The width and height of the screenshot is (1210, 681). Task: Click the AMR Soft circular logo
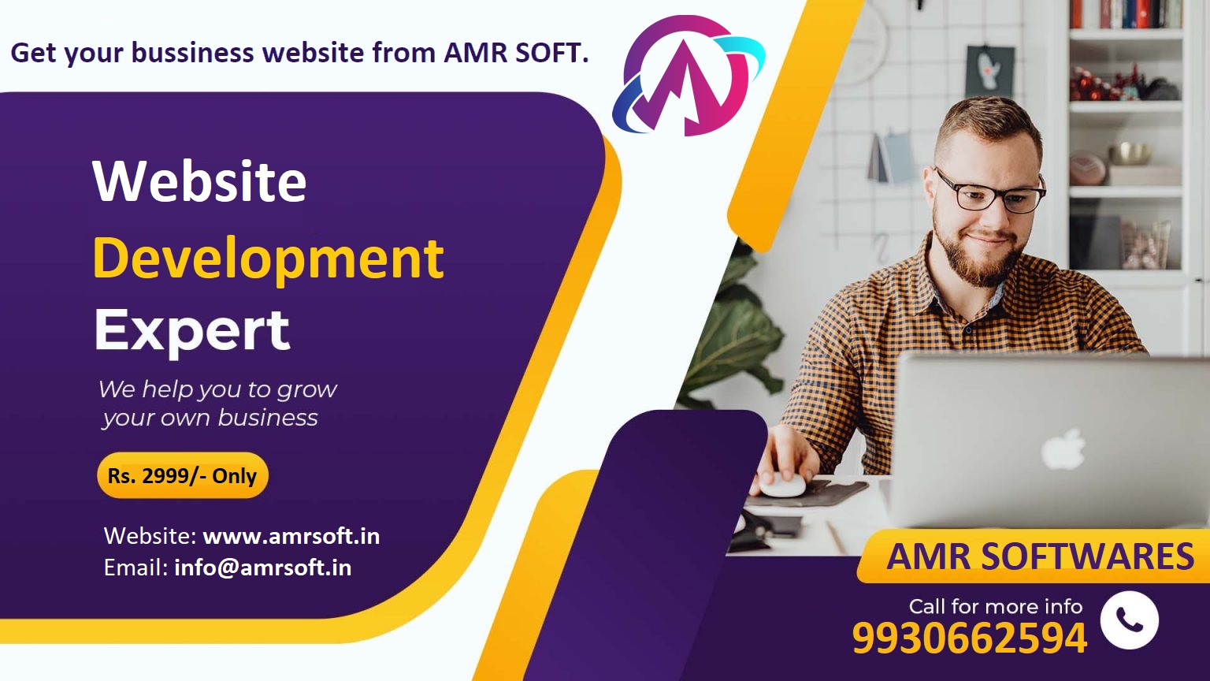[689, 76]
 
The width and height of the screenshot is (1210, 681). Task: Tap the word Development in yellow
[269, 260]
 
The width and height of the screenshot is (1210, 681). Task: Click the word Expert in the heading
[192, 332]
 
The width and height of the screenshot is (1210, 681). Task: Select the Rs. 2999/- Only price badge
[183, 475]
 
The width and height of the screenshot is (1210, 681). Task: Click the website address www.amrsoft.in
[291, 536]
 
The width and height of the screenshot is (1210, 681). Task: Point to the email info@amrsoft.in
[263, 567]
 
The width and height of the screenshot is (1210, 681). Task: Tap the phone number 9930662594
[970, 638]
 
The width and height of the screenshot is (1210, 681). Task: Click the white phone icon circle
[1129, 620]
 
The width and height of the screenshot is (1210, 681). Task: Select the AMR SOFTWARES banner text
[1041, 556]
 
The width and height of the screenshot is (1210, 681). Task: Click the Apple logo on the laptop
[1063, 449]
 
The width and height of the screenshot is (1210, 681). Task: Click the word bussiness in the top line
[192, 54]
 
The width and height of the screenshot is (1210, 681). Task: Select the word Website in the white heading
[199, 180]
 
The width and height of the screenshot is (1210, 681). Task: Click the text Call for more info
[996, 606]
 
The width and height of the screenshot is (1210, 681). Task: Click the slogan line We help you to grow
[217, 389]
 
